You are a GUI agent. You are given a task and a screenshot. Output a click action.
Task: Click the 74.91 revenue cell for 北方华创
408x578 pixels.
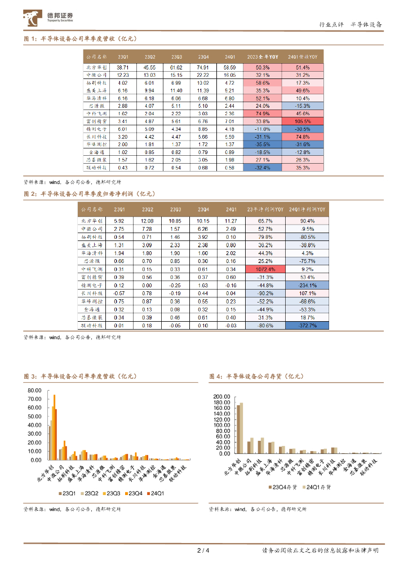coord(203,67)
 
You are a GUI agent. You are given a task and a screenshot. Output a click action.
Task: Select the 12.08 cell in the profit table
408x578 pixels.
coord(148,220)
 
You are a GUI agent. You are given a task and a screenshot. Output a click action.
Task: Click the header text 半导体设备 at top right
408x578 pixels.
coord(366,24)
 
